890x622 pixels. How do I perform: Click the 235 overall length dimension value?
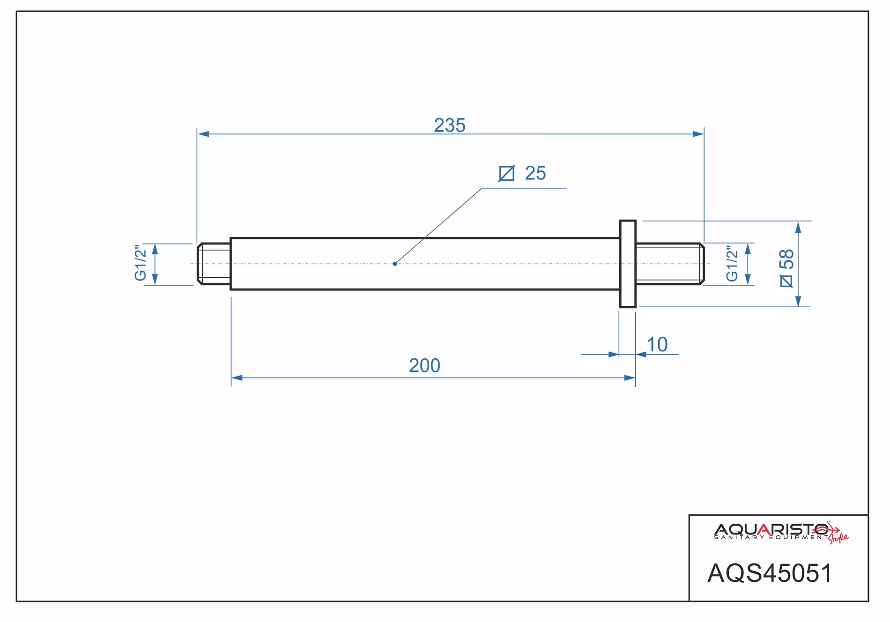pos(450,126)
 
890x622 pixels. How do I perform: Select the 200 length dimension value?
pos(424,366)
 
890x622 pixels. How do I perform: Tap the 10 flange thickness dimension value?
pos(657,345)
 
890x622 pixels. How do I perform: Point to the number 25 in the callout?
pos(535,173)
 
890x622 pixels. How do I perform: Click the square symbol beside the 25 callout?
pos(506,174)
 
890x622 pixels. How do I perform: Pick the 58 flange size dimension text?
pos(786,259)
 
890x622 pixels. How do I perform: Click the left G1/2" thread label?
pos(141,263)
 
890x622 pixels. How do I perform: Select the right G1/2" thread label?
pos(732,264)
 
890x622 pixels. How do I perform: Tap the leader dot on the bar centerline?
pos(395,264)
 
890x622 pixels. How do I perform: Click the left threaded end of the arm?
pos(214,264)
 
